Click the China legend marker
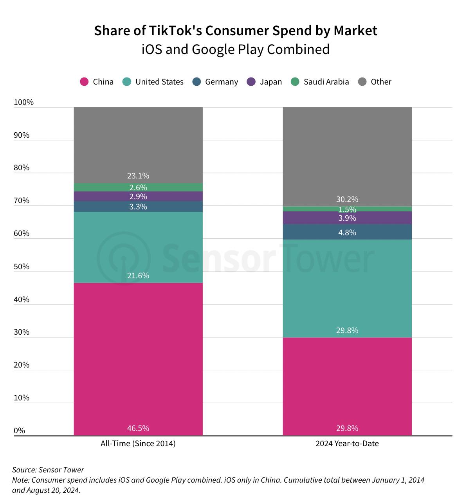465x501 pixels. (x=84, y=82)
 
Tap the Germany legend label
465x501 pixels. (x=221, y=82)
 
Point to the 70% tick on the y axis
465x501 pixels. (x=22, y=200)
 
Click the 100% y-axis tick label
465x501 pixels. (x=24, y=102)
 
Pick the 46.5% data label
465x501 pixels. (x=138, y=428)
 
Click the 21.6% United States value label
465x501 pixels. (x=138, y=276)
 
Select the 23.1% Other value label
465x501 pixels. (x=138, y=176)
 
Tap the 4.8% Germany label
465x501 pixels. (x=347, y=232)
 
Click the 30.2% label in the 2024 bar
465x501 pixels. (x=347, y=199)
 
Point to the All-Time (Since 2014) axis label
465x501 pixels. (x=138, y=443)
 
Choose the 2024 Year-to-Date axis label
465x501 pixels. (x=347, y=443)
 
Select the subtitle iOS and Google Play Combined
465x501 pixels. (x=235, y=50)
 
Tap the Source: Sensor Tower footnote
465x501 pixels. (x=48, y=470)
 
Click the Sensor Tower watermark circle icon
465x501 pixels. (x=124, y=258)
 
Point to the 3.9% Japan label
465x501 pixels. (x=347, y=218)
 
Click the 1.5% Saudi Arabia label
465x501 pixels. (x=347, y=209)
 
